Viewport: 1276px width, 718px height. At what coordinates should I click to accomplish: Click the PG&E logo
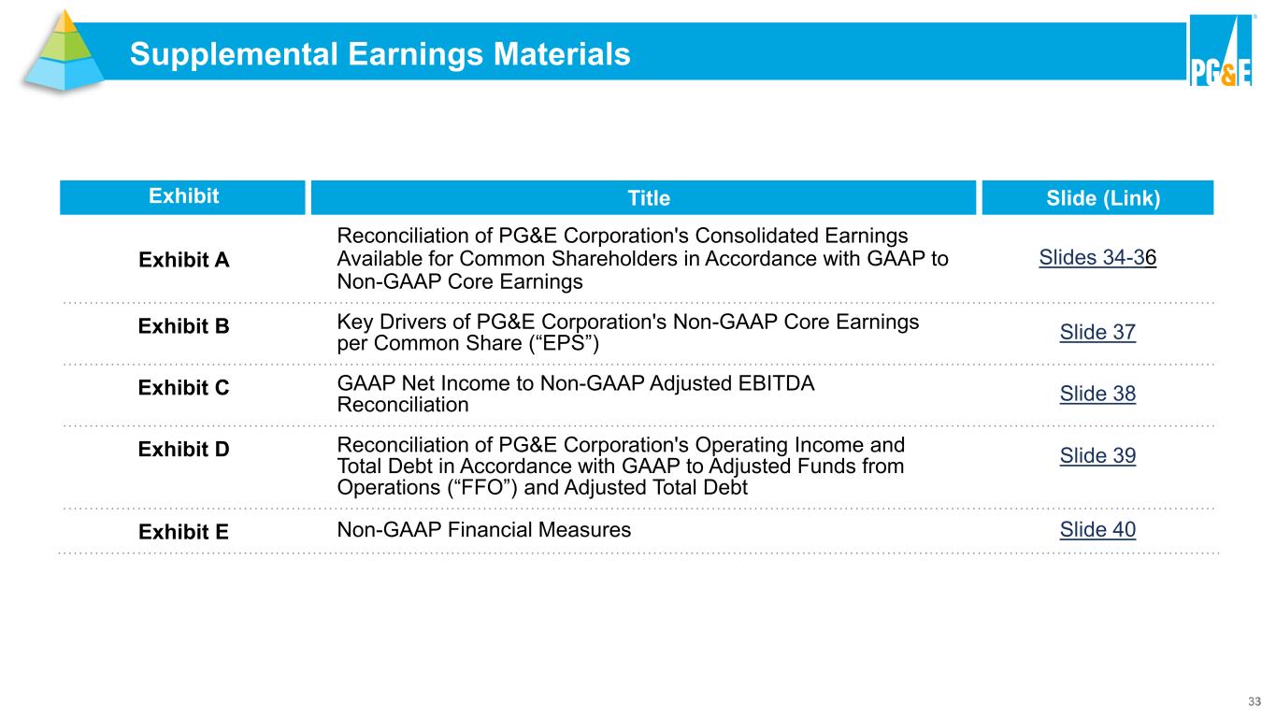[x=1221, y=51]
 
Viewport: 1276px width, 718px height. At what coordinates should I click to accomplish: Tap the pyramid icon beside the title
[x=64, y=51]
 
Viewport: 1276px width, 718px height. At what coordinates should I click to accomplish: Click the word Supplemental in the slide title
[x=234, y=55]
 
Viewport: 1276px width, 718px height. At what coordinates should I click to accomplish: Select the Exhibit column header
[x=182, y=197]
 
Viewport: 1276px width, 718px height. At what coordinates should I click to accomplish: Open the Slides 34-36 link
[x=1097, y=258]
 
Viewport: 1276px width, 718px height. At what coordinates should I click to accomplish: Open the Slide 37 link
[x=1097, y=332]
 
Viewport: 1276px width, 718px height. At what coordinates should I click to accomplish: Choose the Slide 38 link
[x=1097, y=394]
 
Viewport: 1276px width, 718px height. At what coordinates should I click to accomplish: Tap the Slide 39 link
[x=1097, y=456]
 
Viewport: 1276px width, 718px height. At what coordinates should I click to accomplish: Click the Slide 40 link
[x=1097, y=530]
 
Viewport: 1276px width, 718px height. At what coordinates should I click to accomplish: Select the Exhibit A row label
[x=183, y=260]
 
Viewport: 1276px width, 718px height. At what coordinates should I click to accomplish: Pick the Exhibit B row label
[x=183, y=326]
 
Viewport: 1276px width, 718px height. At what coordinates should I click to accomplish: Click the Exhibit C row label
[x=183, y=387]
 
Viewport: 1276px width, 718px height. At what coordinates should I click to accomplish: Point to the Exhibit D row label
[x=183, y=449]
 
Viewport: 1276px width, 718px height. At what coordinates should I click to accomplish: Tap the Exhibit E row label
[x=183, y=532]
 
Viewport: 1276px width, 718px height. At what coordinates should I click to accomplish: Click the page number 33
[x=1254, y=701]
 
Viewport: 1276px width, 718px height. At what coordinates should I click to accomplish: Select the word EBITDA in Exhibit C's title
[x=776, y=383]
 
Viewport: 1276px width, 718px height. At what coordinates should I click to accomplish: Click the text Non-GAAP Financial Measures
[x=483, y=530]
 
